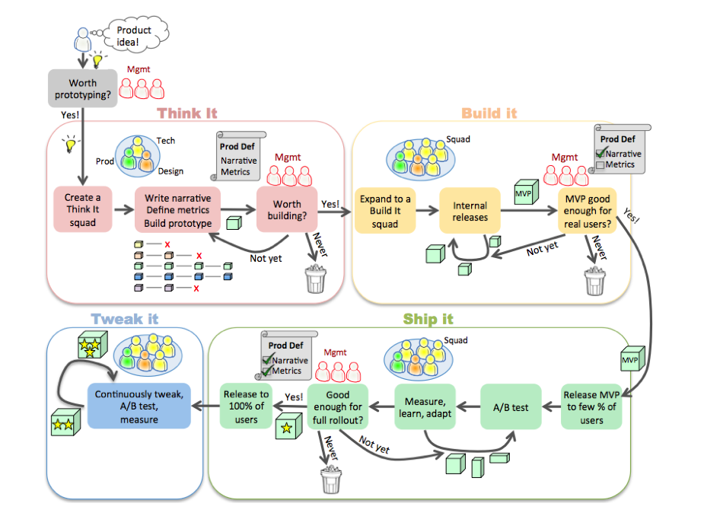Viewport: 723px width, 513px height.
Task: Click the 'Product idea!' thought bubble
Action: point(134,36)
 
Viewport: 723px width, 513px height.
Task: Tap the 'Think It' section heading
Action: point(187,113)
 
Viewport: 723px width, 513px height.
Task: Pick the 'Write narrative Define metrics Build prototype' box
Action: point(178,210)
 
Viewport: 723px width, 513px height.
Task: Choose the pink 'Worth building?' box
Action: point(287,210)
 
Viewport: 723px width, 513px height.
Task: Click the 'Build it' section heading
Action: point(489,113)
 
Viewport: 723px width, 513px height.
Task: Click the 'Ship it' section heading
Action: point(428,319)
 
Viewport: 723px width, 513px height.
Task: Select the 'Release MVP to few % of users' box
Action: point(591,406)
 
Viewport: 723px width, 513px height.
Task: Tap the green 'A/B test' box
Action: point(510,407)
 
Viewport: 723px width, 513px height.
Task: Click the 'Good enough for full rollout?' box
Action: point(338,406)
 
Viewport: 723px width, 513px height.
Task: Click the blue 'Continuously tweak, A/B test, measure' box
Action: point(139,406)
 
